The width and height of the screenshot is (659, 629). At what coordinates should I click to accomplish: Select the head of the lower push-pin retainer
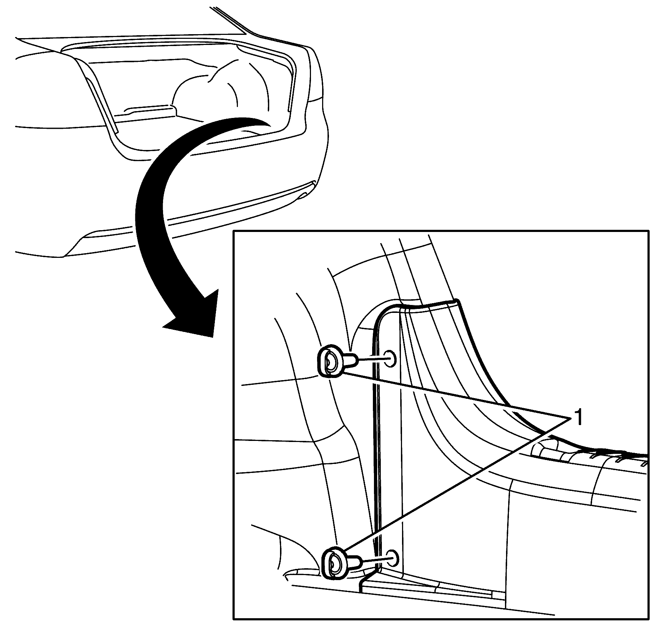pos(334,565)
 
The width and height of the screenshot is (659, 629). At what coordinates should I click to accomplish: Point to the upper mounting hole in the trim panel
pos(390,359)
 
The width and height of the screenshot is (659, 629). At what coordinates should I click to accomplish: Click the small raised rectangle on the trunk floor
pos(148,109)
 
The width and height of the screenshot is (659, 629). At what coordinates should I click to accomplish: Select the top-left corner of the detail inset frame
pos(234,231)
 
